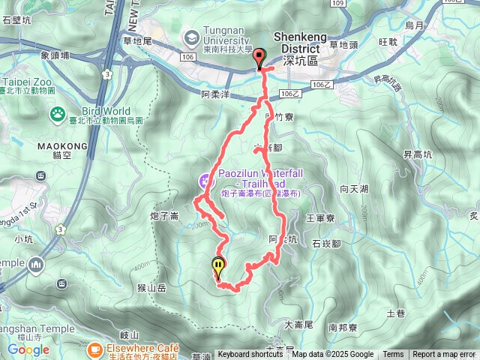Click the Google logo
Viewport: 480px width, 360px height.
28,349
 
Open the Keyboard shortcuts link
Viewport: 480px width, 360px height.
250,355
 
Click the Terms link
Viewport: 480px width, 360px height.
393,355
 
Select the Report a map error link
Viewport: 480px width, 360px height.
444,355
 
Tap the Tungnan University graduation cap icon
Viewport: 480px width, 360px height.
190,36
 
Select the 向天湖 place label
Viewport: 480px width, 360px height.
353,188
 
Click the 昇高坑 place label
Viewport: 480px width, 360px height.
418,154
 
